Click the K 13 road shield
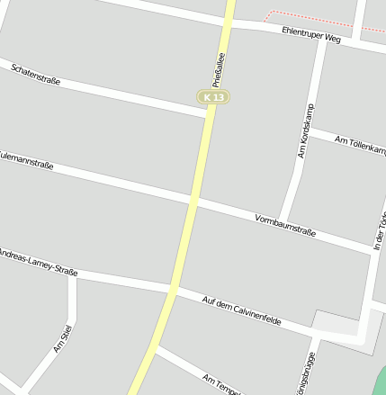[213, 96]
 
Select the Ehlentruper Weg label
[311, 35]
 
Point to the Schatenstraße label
[37, 75]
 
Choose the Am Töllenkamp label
[359, 143]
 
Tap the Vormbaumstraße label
[285, 225]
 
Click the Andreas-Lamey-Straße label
[39, 260]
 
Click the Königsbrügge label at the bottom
[311, 374]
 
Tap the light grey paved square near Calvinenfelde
[337, 323]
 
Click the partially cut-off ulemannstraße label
[27, 159]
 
